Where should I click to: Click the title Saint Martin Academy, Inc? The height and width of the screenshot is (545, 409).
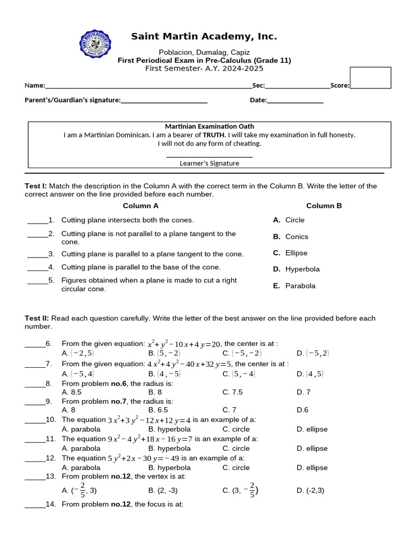click(x=204, y=37)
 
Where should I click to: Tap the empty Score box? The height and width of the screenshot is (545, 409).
click(x=370, y=77)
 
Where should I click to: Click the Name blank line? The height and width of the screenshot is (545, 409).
click(x=149, y=86)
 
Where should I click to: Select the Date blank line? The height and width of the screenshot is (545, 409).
click(x=295, y=101)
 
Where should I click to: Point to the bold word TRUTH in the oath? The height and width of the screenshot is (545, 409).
click(x=215, y=135)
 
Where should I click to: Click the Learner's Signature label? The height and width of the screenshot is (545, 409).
click(x=209, y=163)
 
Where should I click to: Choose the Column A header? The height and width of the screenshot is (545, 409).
click(x=141, y=206)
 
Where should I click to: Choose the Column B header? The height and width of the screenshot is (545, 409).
click(x=324, y=206)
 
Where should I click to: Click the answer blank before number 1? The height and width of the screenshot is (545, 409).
click(x=37, y=220)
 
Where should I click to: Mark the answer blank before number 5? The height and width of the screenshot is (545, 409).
click(x=37, y=280)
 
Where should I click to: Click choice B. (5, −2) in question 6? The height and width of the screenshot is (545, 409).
click(x=165, y=353)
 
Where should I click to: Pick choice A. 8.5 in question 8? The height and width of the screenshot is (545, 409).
click(x=72, y=392)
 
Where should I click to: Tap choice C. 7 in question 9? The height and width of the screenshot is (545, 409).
click(x=230, y=410)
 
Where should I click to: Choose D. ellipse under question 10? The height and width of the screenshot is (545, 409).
click(x=312, y=429)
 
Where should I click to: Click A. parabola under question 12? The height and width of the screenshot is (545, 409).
click(x=81, y=468)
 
